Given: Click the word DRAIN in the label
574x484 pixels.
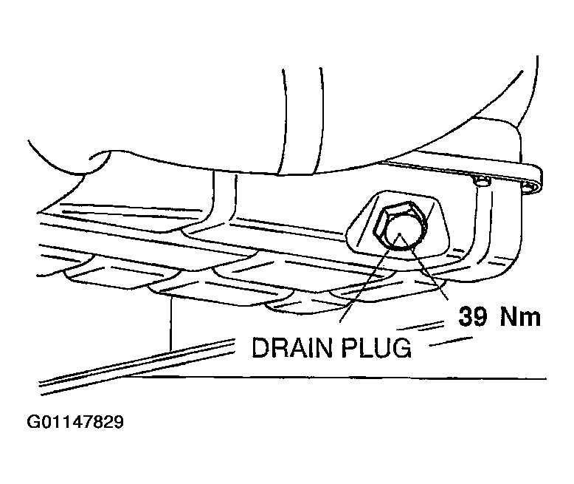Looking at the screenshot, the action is pyautogui.click(x=292, y=347).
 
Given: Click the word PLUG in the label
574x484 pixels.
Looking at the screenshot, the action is pyautogui.click(x=376, y=347).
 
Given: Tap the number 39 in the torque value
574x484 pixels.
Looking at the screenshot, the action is pyautogui.click(x=473, y=316).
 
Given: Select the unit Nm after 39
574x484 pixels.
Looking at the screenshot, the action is pyautogui.click(x=521, y=316).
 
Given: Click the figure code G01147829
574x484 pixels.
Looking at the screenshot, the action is pyautogui.click(x=75, y=422).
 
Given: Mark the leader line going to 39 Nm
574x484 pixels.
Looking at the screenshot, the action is pyautogui.click(x=424, y=267).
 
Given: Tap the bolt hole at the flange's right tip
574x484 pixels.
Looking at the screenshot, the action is pyautogui.click(x=530, y=187).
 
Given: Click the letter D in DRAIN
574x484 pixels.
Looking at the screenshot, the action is pyautogui.click(x=260, y=347).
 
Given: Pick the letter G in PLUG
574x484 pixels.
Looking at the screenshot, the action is pyautogui.click(x=402, y=347).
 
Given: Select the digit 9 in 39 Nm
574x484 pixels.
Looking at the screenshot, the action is pyautogui.click(x=480, y=316).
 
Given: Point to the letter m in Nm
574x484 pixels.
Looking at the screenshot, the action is pyautogui.click(x=530, y=318).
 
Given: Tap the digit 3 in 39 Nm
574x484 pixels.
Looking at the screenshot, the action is pyautogui.click(x=466, y=316).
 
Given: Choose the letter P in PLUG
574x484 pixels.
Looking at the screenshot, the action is pyautogui.click(x=349, y=347).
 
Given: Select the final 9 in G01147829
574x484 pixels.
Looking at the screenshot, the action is pyautogui.click(x=119, y=422).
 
